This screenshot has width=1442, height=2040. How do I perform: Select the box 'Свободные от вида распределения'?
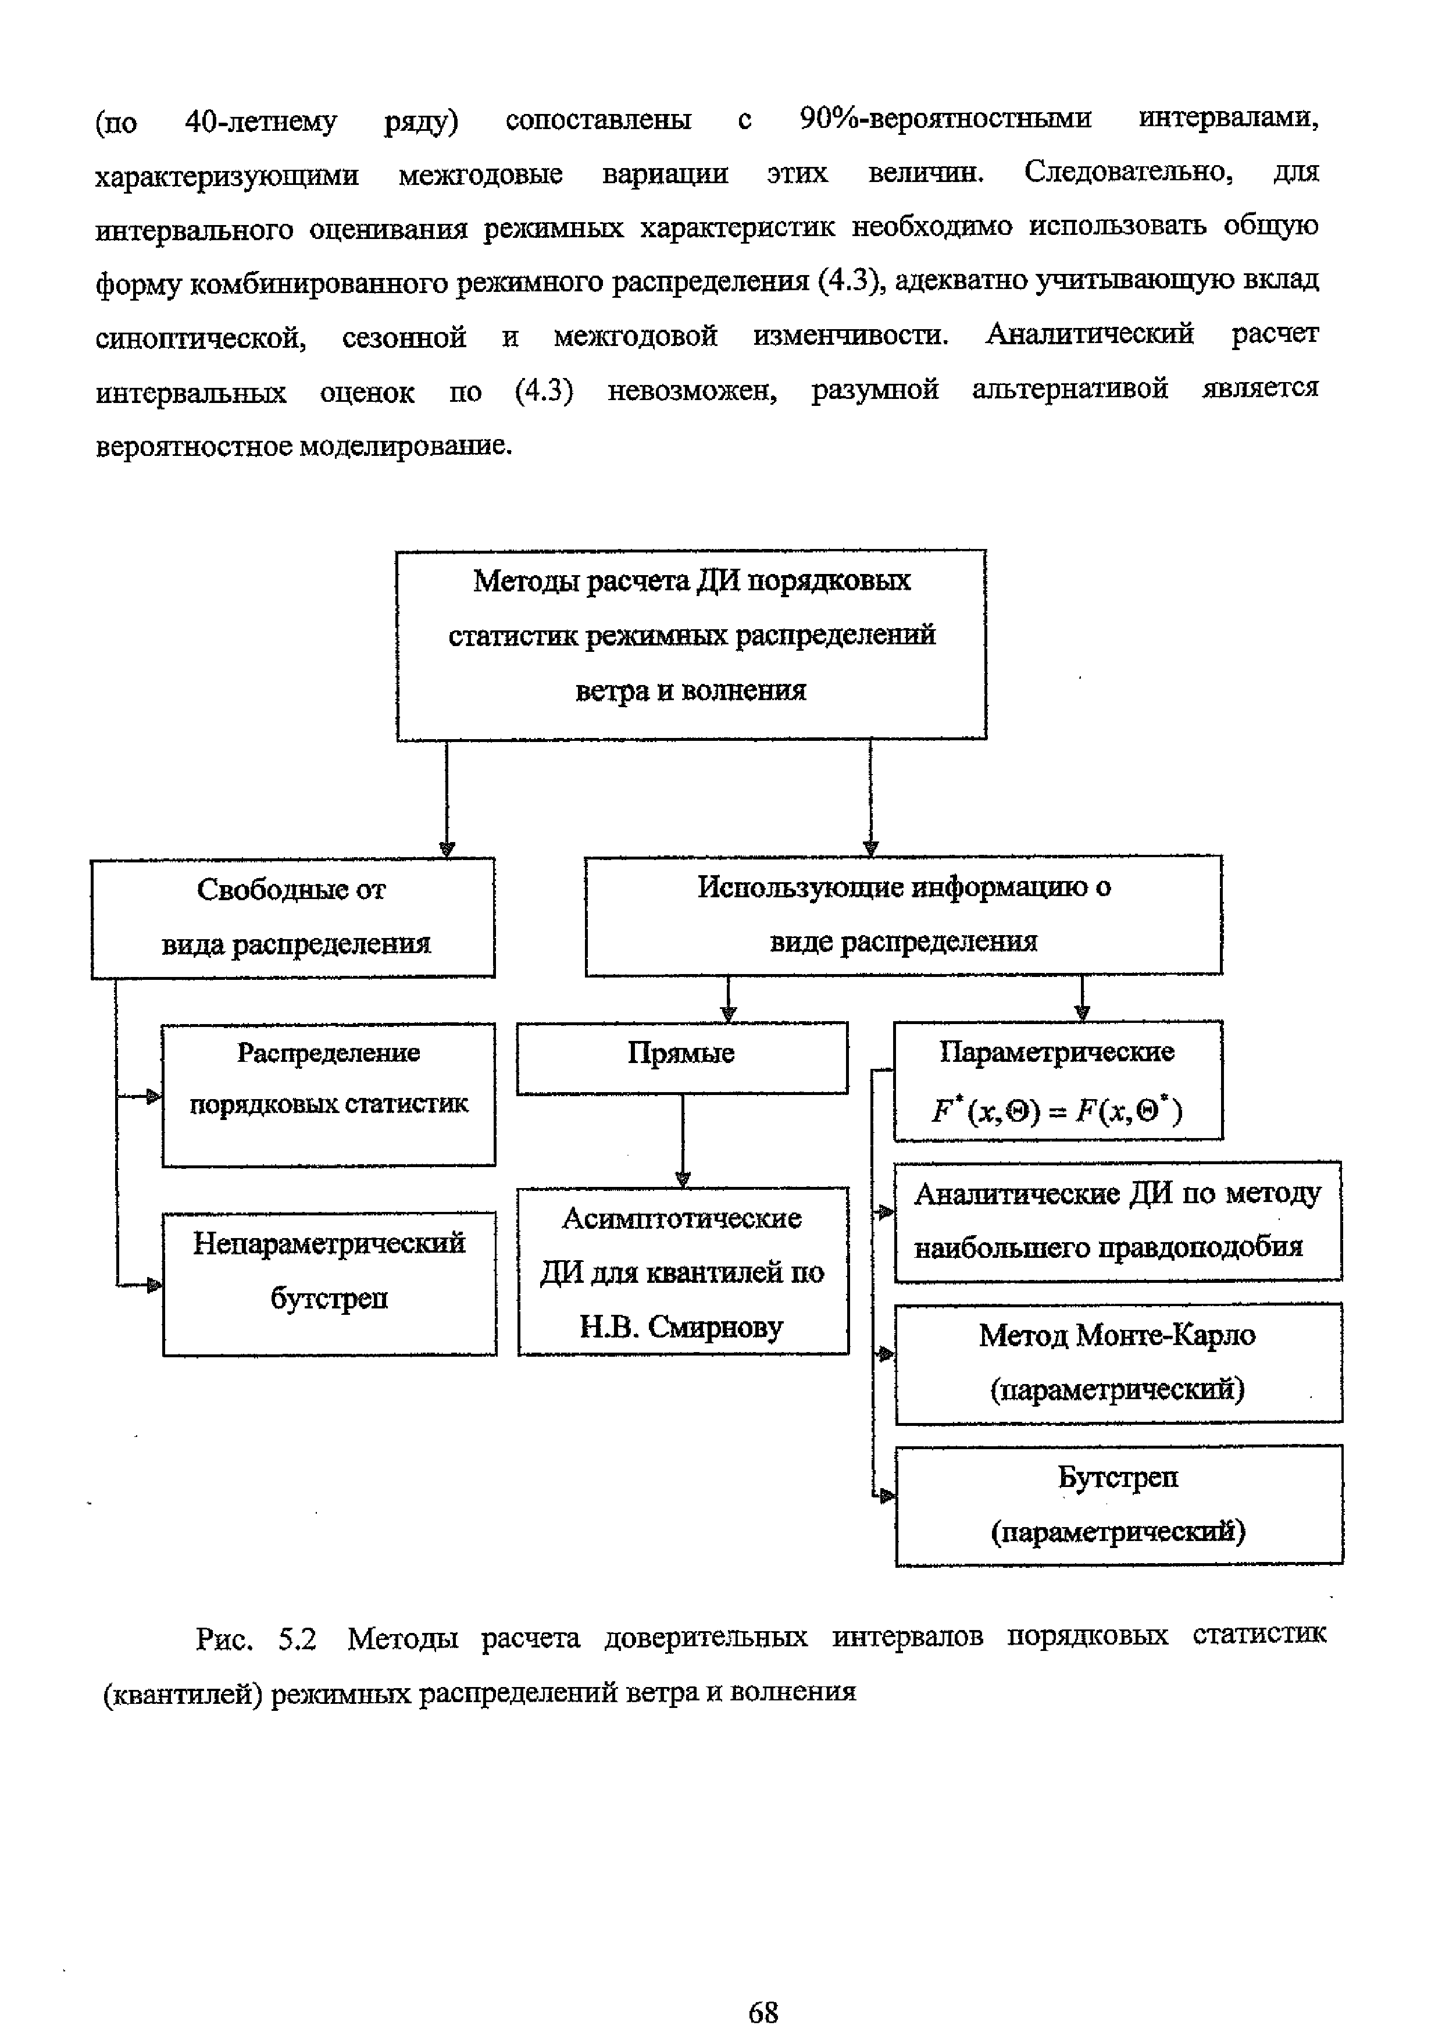(293, 917)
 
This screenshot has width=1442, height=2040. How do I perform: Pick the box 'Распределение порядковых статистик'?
(328, 1094)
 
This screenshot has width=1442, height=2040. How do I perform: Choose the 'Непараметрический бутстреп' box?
(329, 1283)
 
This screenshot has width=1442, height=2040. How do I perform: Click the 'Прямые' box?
(681, 1057)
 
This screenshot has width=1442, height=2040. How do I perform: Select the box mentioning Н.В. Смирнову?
(683, 1271)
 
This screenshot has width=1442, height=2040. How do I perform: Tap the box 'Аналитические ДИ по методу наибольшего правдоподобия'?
(1117, 1220)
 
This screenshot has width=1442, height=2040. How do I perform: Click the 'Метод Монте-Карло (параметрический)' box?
(1118, 1362)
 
